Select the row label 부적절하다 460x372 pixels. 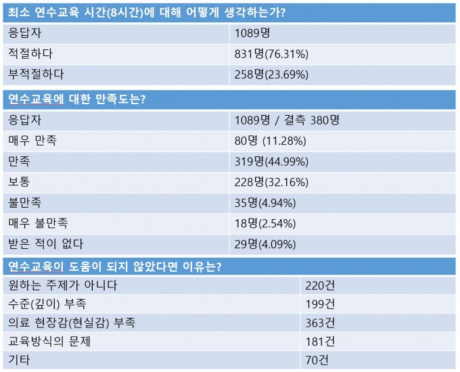[36, 74]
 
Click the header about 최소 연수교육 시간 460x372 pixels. [142, 11]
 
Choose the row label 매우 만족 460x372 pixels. [32, 141]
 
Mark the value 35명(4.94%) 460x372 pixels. [267, 202]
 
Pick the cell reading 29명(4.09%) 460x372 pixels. [267, 243]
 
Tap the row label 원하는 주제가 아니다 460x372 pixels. [63, 285]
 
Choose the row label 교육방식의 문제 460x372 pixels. [48, 342]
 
